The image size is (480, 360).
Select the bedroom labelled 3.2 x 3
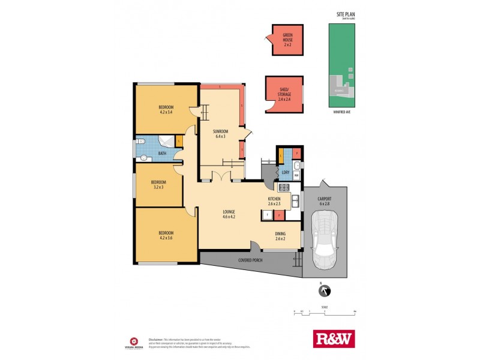pyautogui.click(x=158, y=184)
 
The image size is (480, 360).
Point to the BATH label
pyautogui.click(x=162, y=154)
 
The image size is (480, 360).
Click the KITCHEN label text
pyautogui.click(x=274, y=201)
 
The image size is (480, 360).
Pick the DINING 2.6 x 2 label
pyautogui.click(x=280, y=236)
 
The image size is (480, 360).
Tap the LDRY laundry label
pyautogui.click(x=286, y=173)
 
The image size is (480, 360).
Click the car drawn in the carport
pyautogui.click(x=325, y=239)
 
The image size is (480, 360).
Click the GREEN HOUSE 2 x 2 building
pyautogui.click(x=287, y=40)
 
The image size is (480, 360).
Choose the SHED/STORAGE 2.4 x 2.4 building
pyautogui.click(x=284, y=94)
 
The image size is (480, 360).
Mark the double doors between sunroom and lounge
pyautogui.click(x=222, y=176)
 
